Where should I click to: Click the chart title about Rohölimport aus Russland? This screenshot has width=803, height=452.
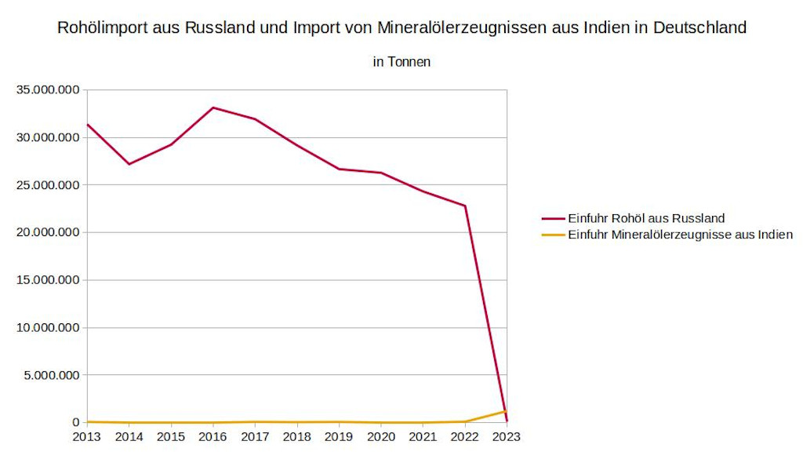(401, 28)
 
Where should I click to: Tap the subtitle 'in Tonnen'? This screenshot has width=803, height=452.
(401, 61)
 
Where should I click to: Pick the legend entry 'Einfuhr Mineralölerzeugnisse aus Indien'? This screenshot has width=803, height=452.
(680, 234)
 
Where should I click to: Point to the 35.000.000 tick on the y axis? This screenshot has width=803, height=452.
(49, 90)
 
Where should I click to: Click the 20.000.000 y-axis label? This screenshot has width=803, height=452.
(49, 232)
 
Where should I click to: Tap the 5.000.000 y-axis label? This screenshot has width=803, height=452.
(52, 375)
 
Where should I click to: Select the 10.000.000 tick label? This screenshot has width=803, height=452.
(49, 327)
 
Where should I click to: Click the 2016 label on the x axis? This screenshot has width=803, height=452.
(213, 436)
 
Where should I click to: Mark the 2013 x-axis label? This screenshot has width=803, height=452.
(87, 436)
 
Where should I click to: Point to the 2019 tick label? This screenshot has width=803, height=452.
(339, 436)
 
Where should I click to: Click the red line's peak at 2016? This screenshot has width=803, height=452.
(213, 108)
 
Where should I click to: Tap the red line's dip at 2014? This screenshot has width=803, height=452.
(129, 164)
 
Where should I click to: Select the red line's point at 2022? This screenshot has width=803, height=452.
(465, 206)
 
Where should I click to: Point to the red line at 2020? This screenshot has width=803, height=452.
(381, 173)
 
